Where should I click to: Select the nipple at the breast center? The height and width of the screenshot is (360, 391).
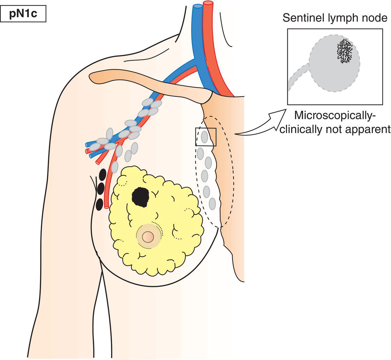pyautogui.click(x=148, y=237)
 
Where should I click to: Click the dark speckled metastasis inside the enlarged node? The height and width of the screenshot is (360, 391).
pyautogui.click(x=345, y=51)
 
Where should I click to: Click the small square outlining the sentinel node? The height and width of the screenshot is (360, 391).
pyautogui.click(x=206, y=137)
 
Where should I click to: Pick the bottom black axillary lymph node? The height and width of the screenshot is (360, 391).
pyautogui.click(x=99, y=204)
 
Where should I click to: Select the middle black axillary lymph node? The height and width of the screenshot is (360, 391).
pyautogui.click(x=101, y=189)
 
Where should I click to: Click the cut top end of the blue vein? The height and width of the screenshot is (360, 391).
pyautogui.click(x=198, y=6)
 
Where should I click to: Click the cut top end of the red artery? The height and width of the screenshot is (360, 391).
pyautogui.click(x=208, y=3)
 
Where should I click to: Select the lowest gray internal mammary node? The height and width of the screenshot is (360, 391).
pyautogui.click(x=212, y=203)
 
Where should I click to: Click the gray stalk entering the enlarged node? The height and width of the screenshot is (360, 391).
pyautogui.click(x=299, y=77)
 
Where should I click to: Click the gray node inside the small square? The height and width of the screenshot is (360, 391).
pyautogui.click(x=204, y=137)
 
